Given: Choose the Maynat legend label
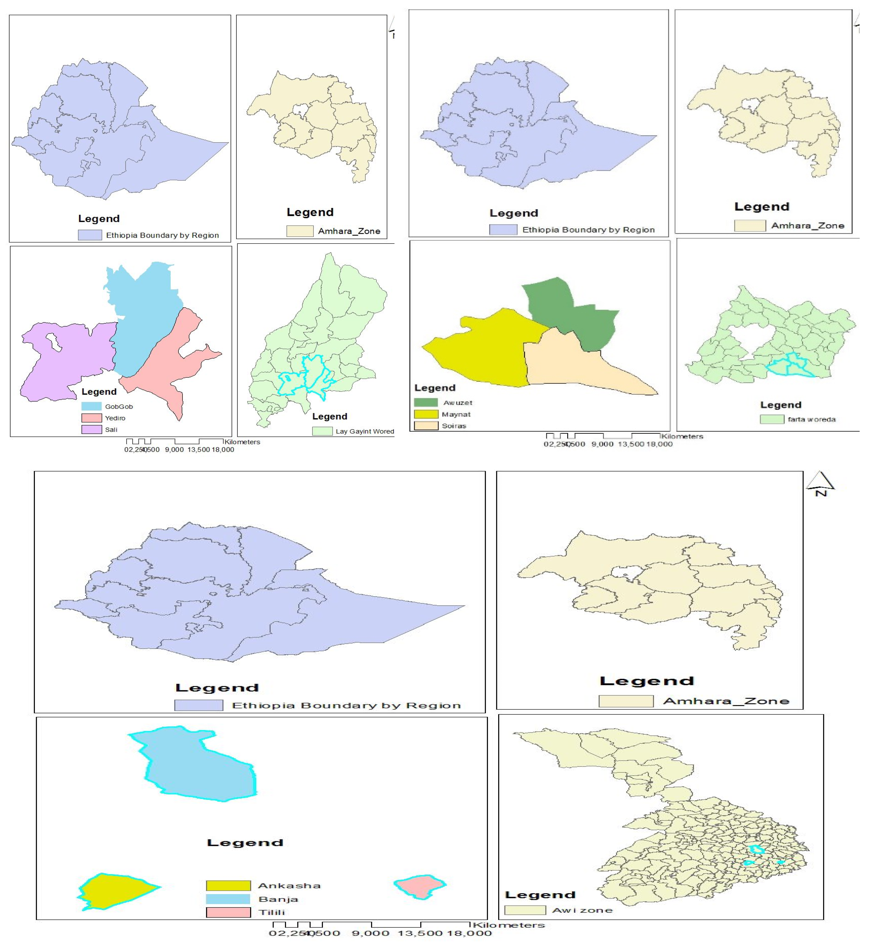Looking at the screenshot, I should coord(456,415).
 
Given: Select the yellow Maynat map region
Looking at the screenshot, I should coord(482,350).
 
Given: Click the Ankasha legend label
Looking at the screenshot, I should coord(289,886).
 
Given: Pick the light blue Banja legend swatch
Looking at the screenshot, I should coord(228,899).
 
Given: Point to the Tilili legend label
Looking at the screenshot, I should coord(272,912).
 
